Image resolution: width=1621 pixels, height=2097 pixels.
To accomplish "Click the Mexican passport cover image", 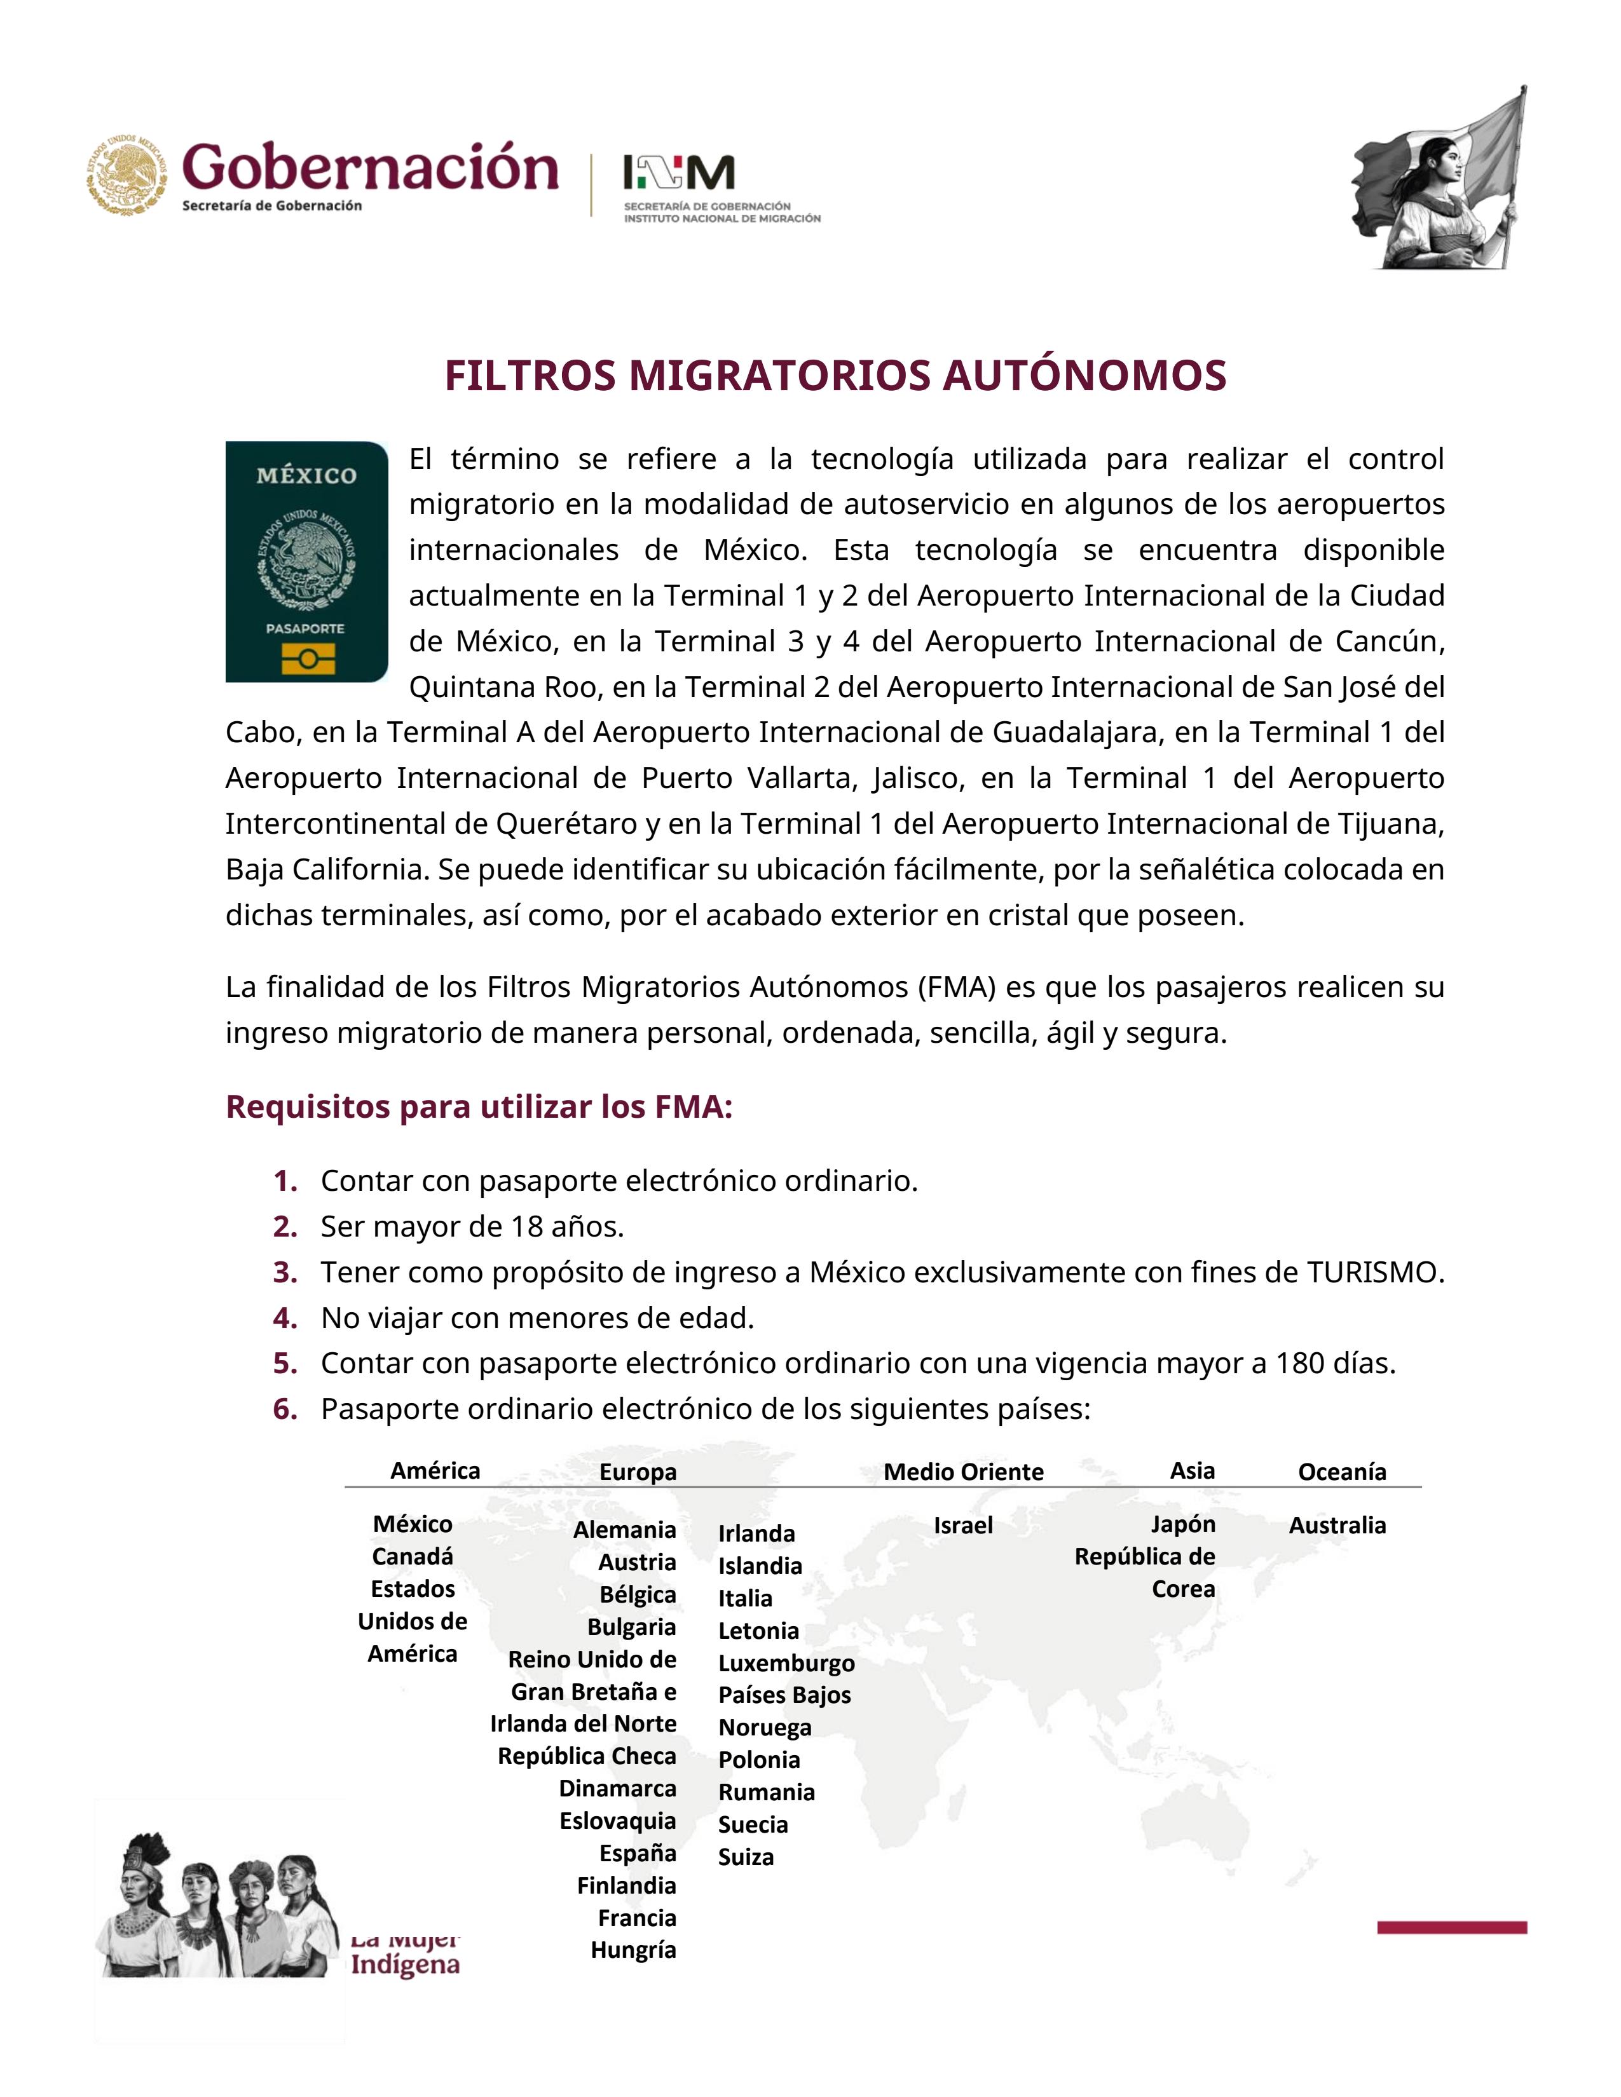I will coord(306,562).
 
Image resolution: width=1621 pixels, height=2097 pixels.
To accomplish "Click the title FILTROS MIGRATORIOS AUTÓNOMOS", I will coord(835,376).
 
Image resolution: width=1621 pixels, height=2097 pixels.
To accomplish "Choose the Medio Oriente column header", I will coord(963,1472).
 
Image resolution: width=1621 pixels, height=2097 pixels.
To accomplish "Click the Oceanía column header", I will coord(1341,1472).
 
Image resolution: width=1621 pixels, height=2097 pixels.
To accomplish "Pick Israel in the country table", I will coord(963,1526).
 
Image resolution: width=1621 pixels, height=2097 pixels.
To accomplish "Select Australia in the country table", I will coord(1337,1526).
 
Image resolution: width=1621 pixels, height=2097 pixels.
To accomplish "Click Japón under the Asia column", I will coord(1183,1524).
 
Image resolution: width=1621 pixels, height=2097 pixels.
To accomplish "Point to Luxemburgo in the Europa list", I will coord(786,1663).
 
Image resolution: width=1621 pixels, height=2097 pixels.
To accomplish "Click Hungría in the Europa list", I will coord(633,1950).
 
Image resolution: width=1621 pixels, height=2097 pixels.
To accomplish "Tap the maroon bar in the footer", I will coord(1451,1927).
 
